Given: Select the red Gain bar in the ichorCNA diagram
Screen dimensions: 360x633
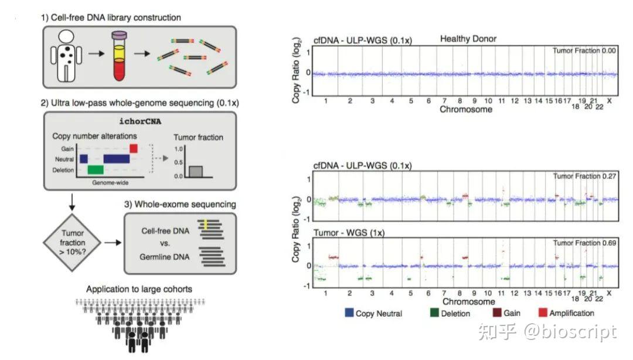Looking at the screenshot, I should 134,148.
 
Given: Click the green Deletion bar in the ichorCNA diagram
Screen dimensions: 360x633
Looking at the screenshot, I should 95,169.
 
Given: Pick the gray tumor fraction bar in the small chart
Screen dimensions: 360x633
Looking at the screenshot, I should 196,171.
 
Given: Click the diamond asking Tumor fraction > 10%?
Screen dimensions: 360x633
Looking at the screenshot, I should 73,242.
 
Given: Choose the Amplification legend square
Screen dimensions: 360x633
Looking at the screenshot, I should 542,313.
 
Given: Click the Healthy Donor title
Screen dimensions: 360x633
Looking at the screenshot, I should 468,39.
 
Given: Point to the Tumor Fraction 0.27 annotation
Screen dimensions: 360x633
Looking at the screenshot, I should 584,176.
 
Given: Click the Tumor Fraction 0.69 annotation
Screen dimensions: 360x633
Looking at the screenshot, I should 584,242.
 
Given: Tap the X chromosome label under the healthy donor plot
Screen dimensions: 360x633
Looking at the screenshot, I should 609,101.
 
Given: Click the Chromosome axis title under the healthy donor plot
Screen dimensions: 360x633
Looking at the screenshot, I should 467,110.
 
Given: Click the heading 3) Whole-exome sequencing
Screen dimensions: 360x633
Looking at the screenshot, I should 179,205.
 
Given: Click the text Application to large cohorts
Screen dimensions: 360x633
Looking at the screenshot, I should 139,289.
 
